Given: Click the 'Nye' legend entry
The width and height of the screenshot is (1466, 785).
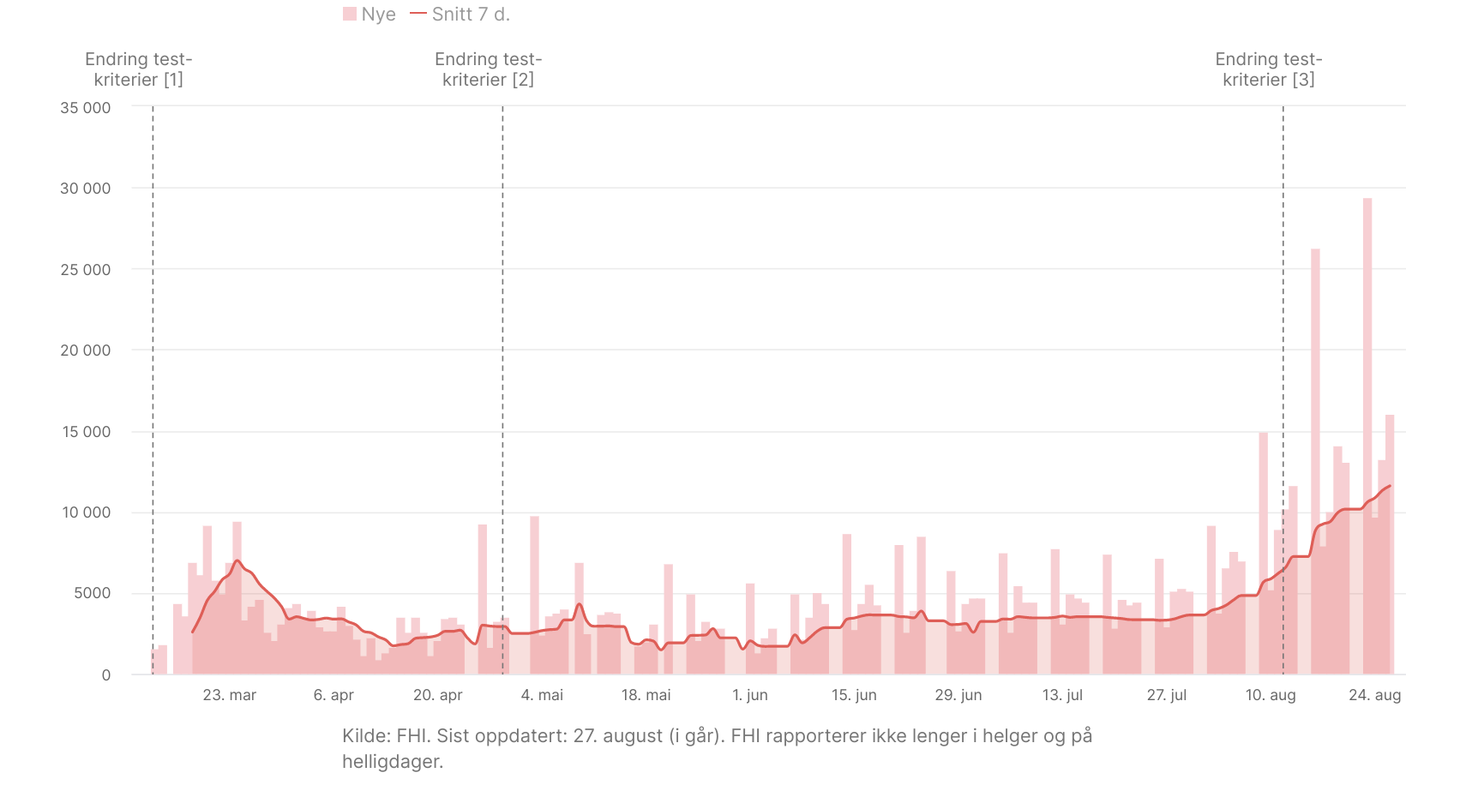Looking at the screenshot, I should tap(370, 15).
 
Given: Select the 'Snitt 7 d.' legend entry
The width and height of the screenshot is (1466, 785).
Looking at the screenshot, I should tap(460, 15).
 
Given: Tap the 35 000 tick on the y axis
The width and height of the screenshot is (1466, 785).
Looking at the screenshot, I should tap(85, 108).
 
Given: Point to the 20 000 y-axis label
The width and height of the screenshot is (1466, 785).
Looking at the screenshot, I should tap(85, 351).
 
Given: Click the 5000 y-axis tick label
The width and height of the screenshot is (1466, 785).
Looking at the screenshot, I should tap(92, 593).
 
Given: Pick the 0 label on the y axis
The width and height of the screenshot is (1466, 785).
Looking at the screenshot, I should tap(106, 675).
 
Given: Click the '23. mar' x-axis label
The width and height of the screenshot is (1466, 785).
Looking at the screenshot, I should tap(229, 695).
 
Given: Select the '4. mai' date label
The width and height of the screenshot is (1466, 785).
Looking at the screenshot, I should tap(542, 695).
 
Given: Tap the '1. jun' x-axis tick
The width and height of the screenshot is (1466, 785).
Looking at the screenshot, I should tap(750, 695).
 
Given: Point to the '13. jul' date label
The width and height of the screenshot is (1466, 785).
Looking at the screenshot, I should tap(1062, 695).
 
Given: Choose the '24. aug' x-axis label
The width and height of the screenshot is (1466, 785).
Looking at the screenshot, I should tap(1374, 695).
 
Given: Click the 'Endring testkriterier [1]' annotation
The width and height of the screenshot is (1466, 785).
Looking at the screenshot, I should tap(139, 69).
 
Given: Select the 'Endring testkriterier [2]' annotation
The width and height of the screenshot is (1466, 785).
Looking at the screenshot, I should tap(489, 69).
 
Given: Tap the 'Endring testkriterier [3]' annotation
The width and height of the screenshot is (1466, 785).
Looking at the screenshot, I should tap(1269, 69).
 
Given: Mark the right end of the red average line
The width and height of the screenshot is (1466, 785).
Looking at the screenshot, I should tap(1390, 486).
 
